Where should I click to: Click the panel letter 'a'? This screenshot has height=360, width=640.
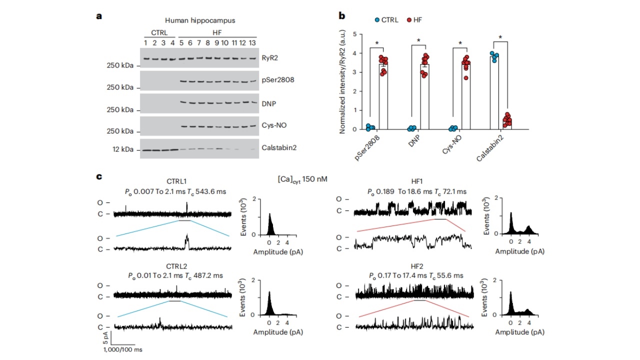click(x=99, y=16)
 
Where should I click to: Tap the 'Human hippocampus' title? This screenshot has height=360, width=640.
click(x=200, y=20)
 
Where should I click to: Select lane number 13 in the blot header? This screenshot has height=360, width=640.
click(x=252, y=42)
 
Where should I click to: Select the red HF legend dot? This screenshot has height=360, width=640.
click(x=408, y=19)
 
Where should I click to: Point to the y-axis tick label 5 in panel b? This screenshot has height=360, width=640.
click(x=355, y=34)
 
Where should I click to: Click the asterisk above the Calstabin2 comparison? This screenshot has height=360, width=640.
click(x=500, y=37)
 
